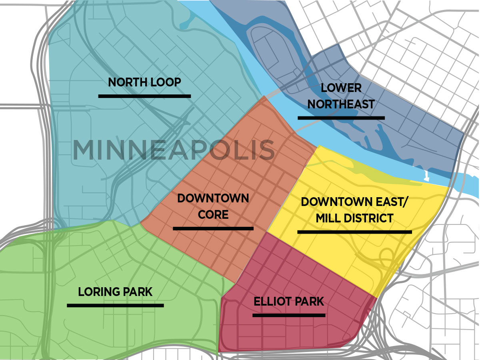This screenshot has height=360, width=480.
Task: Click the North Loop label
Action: (x=144, y=82)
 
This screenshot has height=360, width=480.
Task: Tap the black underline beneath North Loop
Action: (x=144, y=96)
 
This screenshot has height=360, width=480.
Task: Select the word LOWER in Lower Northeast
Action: (x=341, y=88)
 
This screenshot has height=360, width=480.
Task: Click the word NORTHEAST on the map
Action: (x=341, y=104)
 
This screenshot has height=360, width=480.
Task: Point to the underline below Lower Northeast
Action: (x=341, y=118)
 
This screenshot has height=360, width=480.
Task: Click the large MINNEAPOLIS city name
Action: (x=174, y=150)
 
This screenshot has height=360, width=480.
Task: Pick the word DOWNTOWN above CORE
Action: (x=213, y=198)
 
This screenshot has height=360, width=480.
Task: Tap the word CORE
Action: (x=213, y=214)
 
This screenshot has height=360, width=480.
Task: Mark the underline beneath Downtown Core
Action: (x=213, y=228)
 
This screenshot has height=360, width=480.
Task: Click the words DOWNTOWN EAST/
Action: (x=354, y=202)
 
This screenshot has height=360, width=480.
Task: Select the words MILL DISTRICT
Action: (x=354, y=218)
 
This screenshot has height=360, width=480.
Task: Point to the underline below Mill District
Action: (x=354, y=232)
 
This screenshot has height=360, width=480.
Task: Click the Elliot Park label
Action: (x=289, y=301)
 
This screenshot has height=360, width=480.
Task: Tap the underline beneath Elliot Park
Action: (x=289, y=315)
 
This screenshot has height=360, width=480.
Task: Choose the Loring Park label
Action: (x=115, y=292)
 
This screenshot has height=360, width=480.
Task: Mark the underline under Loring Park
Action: (x=115, y=306)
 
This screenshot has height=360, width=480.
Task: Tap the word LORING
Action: (x=98, y=292)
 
